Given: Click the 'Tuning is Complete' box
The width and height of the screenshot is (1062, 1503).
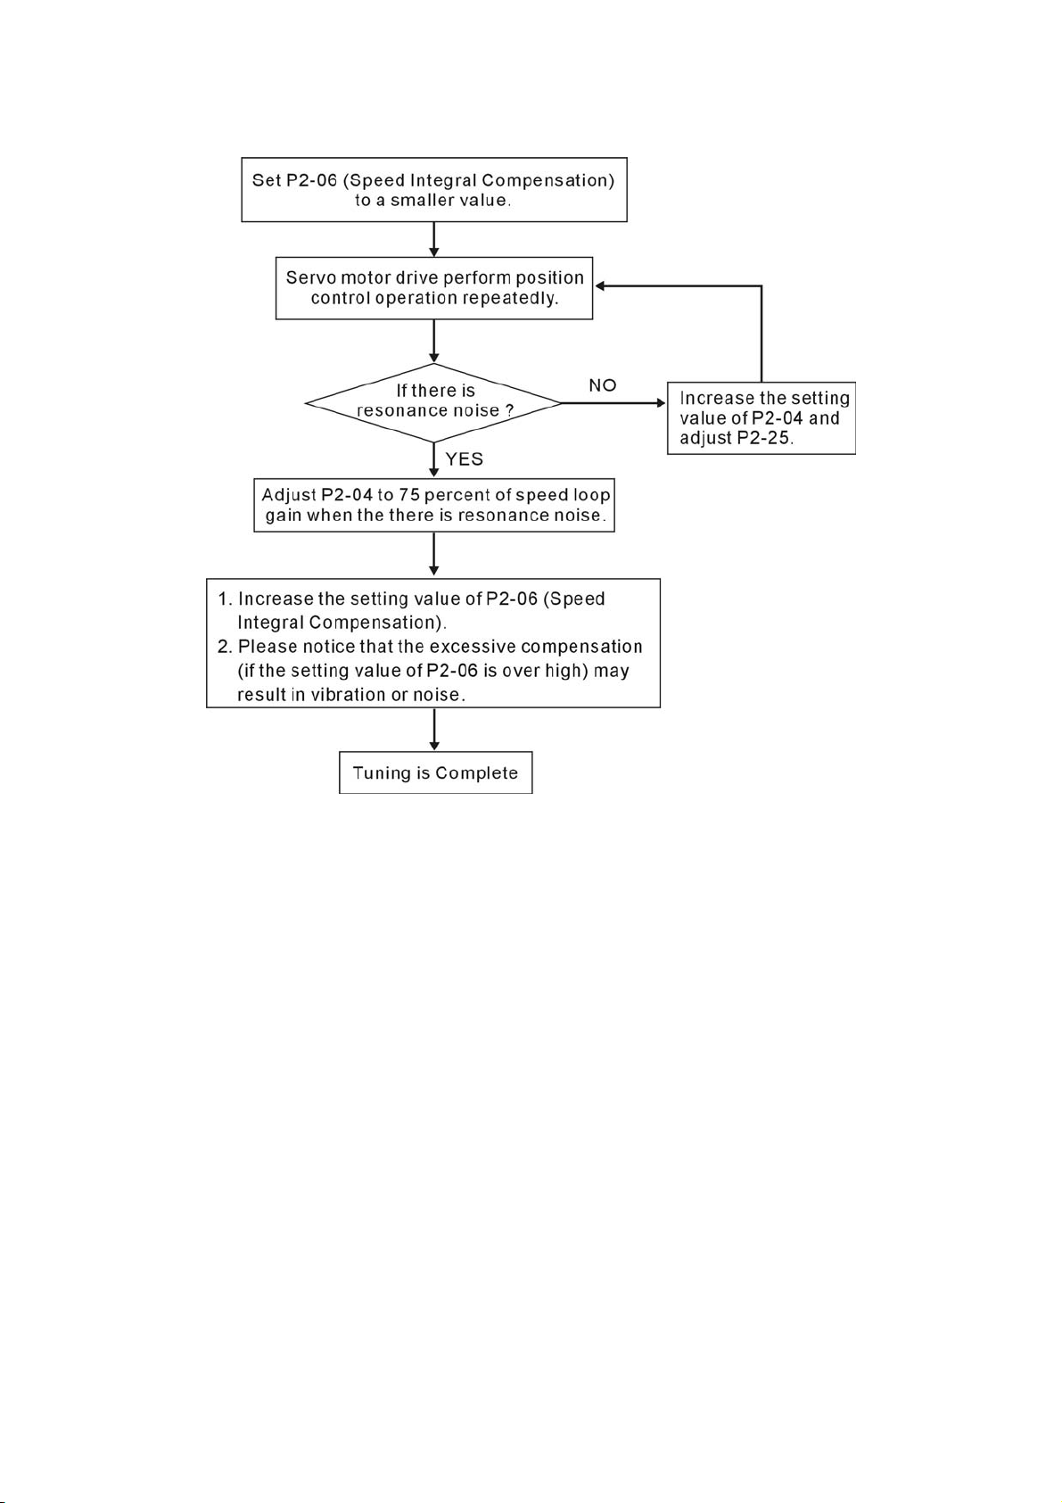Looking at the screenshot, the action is coord(435,772).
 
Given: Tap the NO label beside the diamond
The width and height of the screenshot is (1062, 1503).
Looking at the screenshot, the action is coord(603,385).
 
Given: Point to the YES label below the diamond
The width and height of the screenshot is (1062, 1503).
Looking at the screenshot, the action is coord(465,459).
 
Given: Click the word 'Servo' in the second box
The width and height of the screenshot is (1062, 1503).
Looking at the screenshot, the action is coord(311,277).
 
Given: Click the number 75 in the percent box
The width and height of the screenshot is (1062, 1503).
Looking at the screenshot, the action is coord(409,495).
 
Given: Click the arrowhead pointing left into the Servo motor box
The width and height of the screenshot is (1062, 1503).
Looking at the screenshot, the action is coord(600,285).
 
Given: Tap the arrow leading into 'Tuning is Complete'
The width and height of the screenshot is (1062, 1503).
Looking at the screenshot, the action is coord(434,730).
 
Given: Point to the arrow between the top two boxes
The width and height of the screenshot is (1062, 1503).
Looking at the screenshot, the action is coord(434,240).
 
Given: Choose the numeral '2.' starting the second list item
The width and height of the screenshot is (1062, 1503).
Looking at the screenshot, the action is coord(225,646).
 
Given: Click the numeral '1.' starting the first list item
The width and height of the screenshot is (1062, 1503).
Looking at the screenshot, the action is coord(225,599).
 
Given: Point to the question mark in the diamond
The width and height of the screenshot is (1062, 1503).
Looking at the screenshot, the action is coord(510,410).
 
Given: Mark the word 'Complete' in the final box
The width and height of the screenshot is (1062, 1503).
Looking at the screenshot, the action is coord(476,773).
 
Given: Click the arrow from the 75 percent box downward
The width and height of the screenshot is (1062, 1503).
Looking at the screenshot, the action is coord(434,554).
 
